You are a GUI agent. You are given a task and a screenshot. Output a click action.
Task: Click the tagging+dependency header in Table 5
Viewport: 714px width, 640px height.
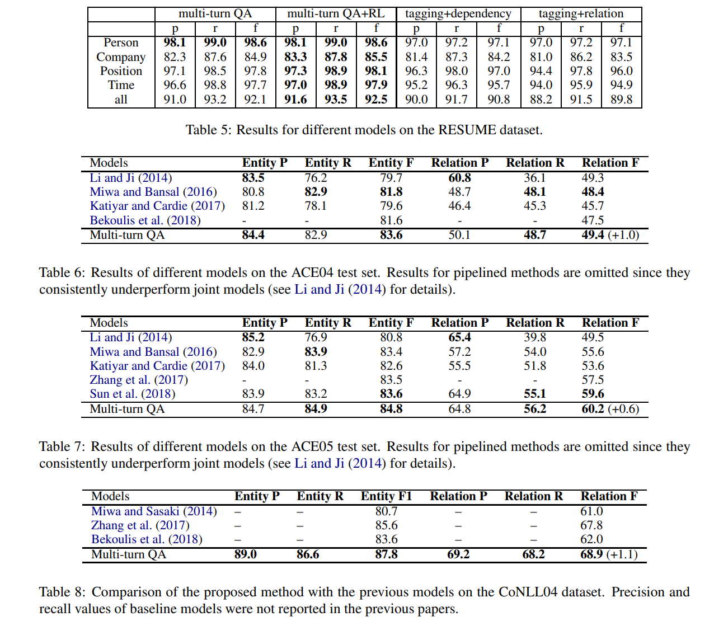(458, 14)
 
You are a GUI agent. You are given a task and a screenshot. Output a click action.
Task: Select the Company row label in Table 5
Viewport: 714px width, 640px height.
(121, 57)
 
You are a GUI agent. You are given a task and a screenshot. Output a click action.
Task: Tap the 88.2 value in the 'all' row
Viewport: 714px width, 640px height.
(541, 100)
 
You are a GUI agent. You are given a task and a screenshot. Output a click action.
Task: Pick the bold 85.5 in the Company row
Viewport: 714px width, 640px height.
(376, 57)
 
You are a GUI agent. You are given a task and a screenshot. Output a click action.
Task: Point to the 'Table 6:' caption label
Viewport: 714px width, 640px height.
(62, 272)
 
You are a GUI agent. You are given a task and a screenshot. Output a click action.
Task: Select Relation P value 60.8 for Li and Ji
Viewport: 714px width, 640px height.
(459, 178)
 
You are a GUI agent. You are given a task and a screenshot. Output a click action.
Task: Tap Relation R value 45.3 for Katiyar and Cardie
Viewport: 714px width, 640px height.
(535, 206)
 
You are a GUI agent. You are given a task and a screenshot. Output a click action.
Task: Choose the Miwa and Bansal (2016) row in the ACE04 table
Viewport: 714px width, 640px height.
(153, 192)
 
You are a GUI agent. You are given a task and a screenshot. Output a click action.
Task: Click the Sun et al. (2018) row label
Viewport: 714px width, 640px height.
(133, 394)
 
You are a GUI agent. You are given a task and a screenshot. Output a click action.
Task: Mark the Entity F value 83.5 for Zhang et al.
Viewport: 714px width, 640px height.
(391, 380)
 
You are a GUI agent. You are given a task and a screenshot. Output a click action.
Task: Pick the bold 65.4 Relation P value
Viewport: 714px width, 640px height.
(459, 337)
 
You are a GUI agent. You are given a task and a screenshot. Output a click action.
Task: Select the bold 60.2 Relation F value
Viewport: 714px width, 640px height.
(593, 409)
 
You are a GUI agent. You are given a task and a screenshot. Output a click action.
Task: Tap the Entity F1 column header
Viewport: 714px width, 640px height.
(386, 496)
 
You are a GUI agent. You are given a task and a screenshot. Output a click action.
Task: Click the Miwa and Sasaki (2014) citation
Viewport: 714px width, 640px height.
(154, 511)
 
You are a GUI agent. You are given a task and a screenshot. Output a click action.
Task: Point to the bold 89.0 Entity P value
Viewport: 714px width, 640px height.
(246, 554)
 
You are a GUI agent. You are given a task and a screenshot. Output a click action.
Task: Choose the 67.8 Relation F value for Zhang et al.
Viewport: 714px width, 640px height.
(591, 525)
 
